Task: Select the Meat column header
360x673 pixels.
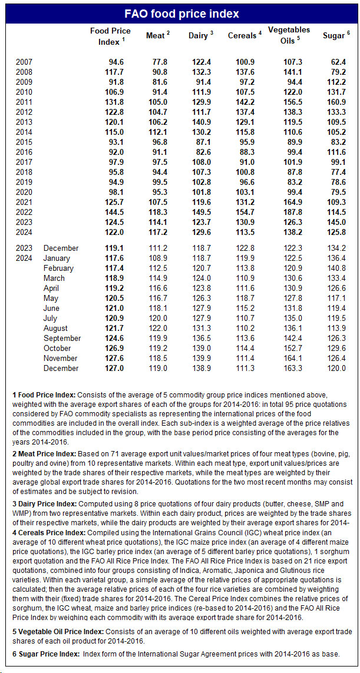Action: click(x=157, y=36)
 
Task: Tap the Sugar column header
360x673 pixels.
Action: click(x=336, y=36)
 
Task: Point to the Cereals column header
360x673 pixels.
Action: click(x=245, y=36)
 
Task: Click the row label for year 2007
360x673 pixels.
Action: click(x=24, y=62)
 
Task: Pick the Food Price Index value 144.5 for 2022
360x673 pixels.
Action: click(x=113, y=212)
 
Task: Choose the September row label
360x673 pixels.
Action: click(x=62, y=339)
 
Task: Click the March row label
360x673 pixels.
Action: click(x=54, y=279)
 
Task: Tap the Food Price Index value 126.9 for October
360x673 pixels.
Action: click(x=113, y=349)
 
